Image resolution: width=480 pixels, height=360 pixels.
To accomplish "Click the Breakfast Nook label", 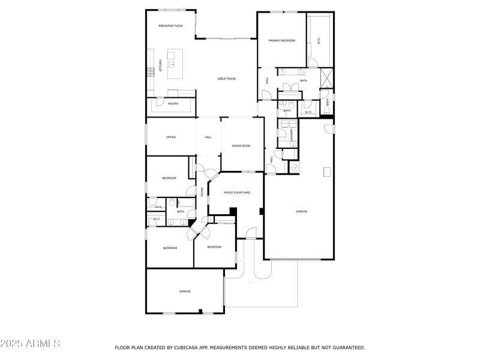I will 170,26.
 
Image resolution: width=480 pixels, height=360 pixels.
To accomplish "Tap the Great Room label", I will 226,79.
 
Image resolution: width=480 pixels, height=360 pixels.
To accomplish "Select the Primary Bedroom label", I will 282,40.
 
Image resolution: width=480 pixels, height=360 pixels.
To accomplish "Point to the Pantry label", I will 173,104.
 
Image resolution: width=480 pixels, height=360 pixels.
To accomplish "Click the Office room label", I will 171,137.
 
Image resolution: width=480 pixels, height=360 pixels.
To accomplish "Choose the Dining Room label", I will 241,146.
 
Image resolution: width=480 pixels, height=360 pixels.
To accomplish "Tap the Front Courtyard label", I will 237,193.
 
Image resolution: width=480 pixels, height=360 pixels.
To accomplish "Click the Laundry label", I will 292,135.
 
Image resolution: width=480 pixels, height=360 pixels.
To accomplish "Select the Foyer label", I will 202,192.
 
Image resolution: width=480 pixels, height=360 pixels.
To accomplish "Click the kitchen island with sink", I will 175,64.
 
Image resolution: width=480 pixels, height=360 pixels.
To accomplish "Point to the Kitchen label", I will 160,67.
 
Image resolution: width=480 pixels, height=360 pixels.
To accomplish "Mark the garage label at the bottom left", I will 185,292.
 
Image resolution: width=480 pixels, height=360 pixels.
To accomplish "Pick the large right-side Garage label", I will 301,211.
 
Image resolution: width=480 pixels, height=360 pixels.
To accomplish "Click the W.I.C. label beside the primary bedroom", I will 319,41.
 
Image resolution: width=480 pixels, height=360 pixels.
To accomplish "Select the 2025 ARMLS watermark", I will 30,344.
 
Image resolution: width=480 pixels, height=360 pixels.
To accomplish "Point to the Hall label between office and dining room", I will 208,137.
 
